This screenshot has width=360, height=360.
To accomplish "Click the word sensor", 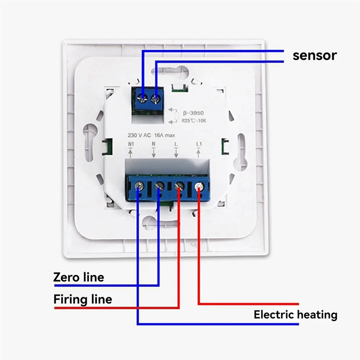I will (315, 55).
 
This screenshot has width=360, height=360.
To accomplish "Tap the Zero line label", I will (78, 277).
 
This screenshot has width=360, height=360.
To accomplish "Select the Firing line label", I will (83, 299).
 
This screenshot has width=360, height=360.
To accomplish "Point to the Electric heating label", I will (295, 315).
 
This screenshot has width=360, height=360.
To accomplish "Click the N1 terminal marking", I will (131, 144).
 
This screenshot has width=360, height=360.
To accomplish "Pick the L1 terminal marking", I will (199, 144).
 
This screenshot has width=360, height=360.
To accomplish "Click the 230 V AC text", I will (141, 135).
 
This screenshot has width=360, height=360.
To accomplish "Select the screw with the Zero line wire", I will (159, 185).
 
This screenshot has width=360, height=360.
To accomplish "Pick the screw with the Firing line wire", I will (179, 185).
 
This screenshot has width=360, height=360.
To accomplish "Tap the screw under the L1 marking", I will (199, 185).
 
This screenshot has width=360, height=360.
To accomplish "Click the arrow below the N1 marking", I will (131, 153).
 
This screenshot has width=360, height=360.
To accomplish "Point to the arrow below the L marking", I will (176, 153).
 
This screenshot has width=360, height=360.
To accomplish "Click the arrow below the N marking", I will (153, 153).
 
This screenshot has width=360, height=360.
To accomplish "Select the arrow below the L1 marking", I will (199, 153).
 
